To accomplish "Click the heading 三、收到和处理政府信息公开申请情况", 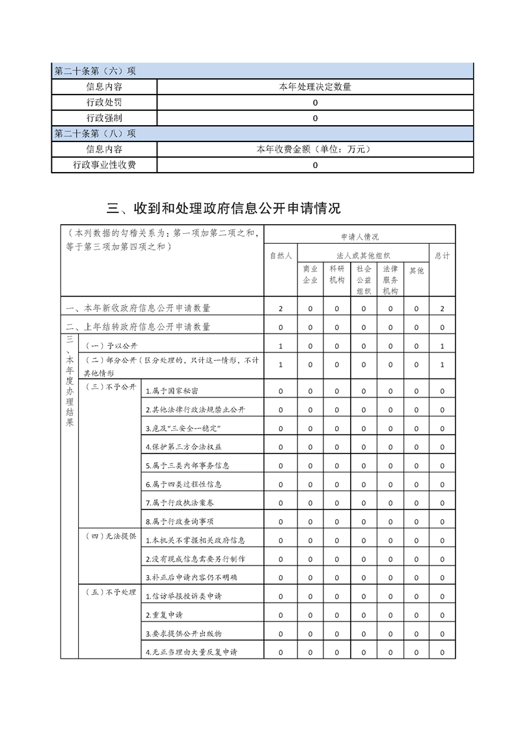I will (x=224, y=208).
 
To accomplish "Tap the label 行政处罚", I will (x=104, y=103).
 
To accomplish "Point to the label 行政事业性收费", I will (x=104, y=165).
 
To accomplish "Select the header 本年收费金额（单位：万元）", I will (x=315, y=150).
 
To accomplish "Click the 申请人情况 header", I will (x=359, y=237).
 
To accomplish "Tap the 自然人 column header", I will (x=280, y=256).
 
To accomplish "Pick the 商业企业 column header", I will (x=310, y=275).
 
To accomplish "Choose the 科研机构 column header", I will (x=336, y=275).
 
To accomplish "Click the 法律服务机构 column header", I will (x=390, y=280).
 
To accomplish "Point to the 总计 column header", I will (x=442, y=256).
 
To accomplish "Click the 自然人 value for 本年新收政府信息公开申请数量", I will (x=280, y=308).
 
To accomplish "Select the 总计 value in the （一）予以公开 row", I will (x=442, y=345).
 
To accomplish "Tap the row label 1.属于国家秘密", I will (x=172, y=391).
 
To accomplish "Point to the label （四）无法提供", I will (x=109, y=536).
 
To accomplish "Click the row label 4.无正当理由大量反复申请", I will (x=191, y=652).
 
